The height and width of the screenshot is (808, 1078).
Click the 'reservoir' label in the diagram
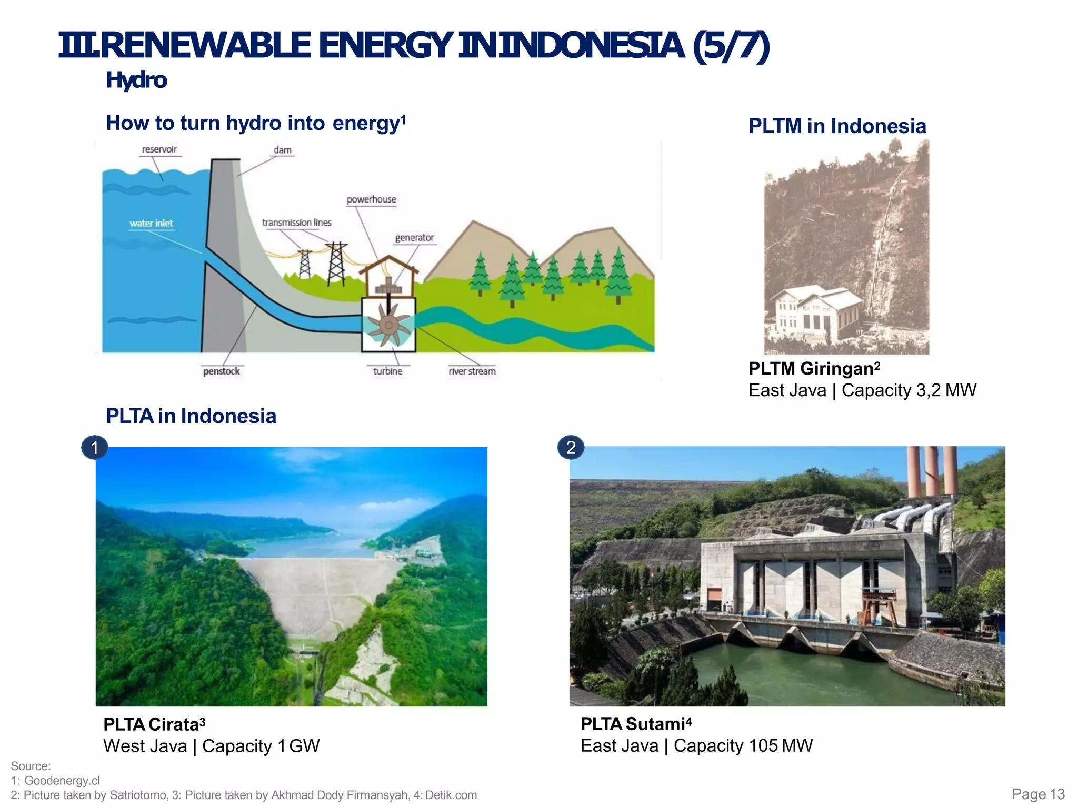(x=159, y=149)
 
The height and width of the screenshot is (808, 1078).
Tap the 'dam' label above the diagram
(x=282, y=150)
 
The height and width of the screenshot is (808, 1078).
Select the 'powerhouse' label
(x=371, y=199)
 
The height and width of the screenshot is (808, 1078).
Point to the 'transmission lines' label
(x=297, y=223)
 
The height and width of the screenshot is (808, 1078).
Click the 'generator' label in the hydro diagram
(x=414, y=237)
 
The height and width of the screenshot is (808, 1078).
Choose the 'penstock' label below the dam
(x=221, y=371)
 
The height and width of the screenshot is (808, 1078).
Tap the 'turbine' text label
(x=387, y=371)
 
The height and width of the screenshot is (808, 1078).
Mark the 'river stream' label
(x=472, y=371)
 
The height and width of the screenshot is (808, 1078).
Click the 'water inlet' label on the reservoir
(x=151, y=223)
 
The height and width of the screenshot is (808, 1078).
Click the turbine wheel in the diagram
(x=388, y=326)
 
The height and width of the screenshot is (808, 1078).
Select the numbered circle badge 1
(x=95, y=448)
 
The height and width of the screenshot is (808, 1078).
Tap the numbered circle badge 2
(x=571, y=448)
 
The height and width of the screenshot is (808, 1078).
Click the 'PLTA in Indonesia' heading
(x=191, y=416)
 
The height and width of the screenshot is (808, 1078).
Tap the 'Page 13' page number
(x=1038, y=794)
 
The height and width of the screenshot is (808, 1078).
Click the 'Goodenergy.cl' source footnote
(x=62, y=781)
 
